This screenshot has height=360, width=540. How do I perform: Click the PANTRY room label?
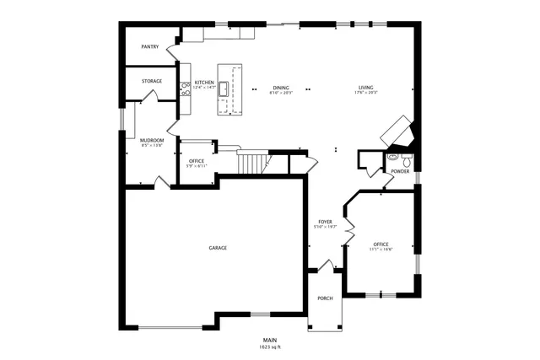click(x=150, y=47)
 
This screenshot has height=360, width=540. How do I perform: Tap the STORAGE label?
click(x=152, y=81)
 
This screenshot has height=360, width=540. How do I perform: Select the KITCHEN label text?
click(x=205, y=83)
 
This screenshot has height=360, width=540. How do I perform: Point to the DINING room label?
click(x=280, y=88)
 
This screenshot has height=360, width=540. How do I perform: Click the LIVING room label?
click(x=365, y=88)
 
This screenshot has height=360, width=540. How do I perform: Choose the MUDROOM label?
click(x=152, y=140)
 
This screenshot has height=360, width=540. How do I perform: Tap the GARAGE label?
click(x=218, y=248)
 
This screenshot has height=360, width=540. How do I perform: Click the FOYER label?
click(x=325, y=221)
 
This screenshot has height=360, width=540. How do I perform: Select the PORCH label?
click(x=325, y=298)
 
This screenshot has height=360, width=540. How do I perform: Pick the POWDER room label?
click(x=399, y=171)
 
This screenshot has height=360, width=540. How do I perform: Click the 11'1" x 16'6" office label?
click(x=381, y=244)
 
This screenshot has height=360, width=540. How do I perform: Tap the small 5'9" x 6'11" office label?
click(x=197, y=161)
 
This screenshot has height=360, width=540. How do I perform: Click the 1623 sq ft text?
click(x=270, y=347)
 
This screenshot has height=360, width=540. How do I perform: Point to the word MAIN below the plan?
click(x=270, y=340)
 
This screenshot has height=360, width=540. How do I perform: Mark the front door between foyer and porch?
click(x=323, y=266)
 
